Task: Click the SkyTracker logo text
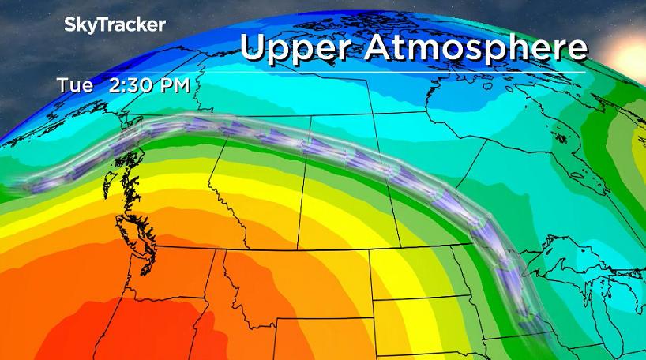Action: coord(115,25)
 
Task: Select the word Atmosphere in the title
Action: coord(476,48)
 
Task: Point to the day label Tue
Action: coord(73,85)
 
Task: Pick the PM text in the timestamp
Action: coord(174,85)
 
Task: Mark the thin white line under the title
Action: coord(411,73)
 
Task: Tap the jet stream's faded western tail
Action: coord(32,186)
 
